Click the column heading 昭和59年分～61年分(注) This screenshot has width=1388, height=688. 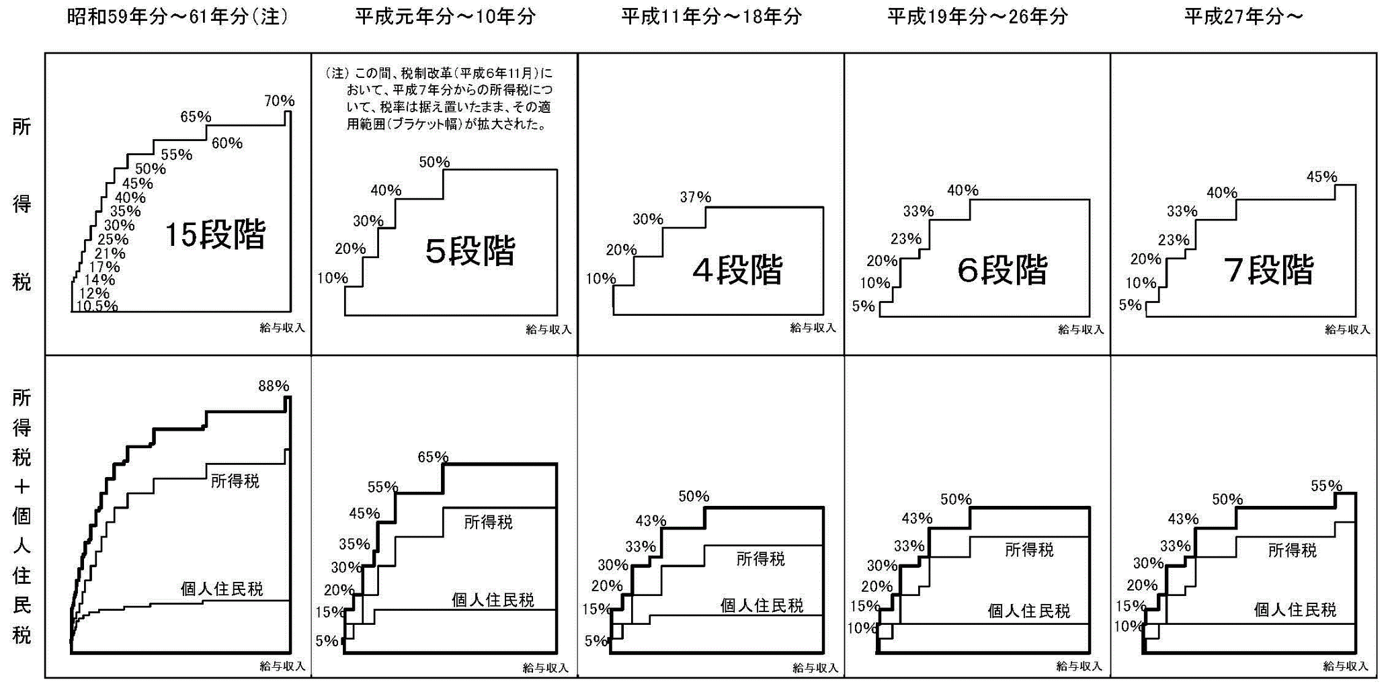point(177,16)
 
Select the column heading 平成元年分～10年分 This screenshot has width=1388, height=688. point(445,16)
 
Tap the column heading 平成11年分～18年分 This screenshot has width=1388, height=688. point(711,16)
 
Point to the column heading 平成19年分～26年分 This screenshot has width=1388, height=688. point(977,16)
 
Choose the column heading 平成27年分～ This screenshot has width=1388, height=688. point(1243,16)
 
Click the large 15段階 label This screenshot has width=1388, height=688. point(215,234)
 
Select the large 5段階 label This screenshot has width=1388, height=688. point(471,251)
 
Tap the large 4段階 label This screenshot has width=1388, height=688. point(737,270)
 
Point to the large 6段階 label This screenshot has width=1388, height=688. point(1002,270)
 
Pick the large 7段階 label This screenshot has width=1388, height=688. point(1268,270)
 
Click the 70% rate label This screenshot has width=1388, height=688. point(279,101)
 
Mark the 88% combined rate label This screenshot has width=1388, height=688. point(274,386)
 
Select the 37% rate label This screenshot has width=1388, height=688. point(695,197)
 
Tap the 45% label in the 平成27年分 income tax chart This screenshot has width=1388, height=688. point(1321,177)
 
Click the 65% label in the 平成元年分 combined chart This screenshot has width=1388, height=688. point(433,457)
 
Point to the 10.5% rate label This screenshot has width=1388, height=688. point(97,306)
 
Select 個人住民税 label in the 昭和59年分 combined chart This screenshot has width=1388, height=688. point(222,589)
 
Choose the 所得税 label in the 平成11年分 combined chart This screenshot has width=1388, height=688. point(760,558)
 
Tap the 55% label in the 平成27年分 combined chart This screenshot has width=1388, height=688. point(1326,486)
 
